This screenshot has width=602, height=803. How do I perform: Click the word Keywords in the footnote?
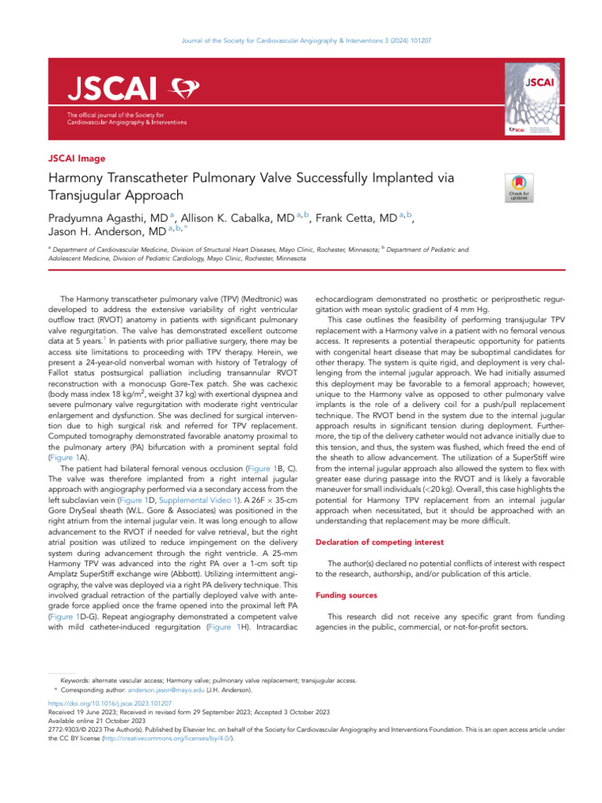pos(74,681)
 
